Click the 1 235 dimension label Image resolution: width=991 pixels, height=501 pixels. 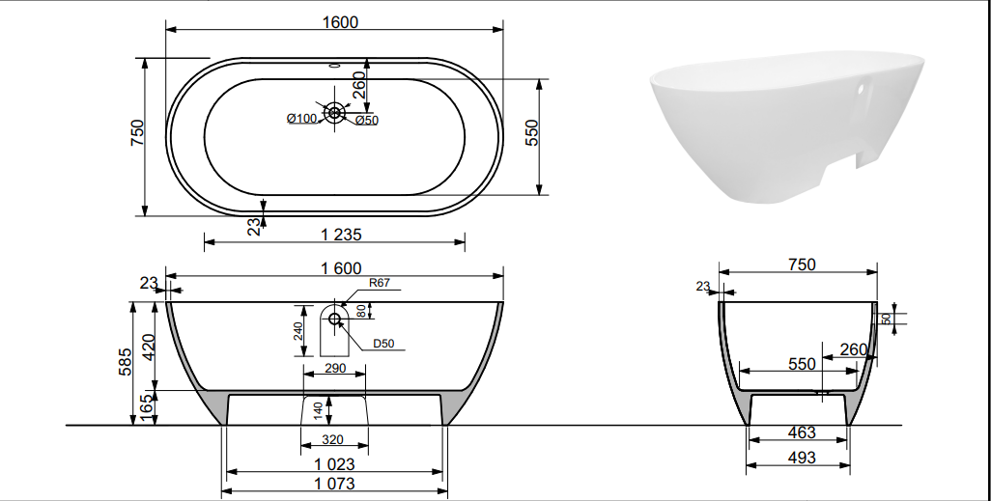pos(341,235)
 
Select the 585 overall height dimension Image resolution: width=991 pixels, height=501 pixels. pos(126,362)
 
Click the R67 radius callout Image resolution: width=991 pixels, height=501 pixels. pos(380,283)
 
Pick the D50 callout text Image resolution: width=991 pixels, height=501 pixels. pos(383,344)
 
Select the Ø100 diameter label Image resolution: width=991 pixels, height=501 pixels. pos(301,118)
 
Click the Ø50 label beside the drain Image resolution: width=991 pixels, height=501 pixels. pos(367,120)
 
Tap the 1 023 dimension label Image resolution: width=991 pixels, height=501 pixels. pos(334,464)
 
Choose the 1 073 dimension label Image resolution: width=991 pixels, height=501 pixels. pos(334,484)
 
